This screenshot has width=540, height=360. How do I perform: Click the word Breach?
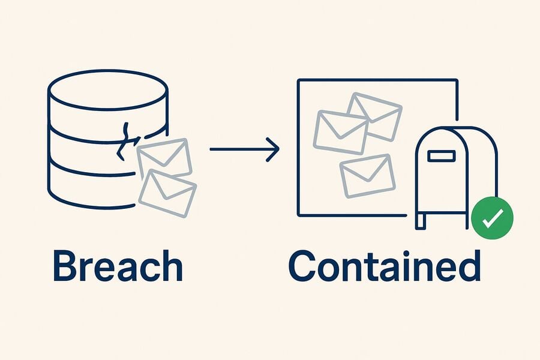click(x=118, y=266)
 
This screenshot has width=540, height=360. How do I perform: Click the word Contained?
click(x=385, y=266)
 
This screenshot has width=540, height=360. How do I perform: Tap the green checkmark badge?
click(x=492, y=218)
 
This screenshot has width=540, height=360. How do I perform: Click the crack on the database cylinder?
click(x=125, y=141)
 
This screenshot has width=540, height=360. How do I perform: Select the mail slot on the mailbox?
click(x=441, y=156)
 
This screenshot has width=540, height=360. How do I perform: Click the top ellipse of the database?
click(x=108, y=90)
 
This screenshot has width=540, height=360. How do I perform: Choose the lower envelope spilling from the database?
click(x=168, y=193)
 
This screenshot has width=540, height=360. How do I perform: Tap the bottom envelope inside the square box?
click(x=367, y=176)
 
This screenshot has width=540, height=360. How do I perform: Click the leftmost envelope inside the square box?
click(x=341, y=132)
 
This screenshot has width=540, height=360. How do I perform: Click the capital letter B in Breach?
click(x=66, y=266)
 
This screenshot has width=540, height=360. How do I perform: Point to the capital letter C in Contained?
click(x=303, y=266)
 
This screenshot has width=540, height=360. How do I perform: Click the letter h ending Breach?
click(x=171, y=266)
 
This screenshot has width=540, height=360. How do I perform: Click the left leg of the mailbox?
click(x=421, y=221)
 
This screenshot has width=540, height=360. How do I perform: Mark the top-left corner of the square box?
click(x=298, y=80)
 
